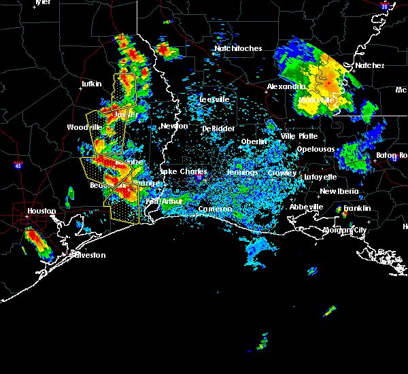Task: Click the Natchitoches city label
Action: pyautogui.click(x=238, y=48)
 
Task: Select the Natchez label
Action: pyautogui.click(x=369, y=65)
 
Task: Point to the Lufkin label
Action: pyautogui.click(x=91, y=84)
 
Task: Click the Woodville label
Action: pyautogui.click(x=84, y=127)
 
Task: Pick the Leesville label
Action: pyautogui.click(x=214, y=99)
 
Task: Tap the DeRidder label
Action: pyautogui.click(x=218, y=129)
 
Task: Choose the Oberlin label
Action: pyautogui.click(x=254, y=141)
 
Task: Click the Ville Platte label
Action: pyautogui.click(x=299, y=136)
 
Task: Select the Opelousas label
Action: pyautogui.click(x=316, y=149)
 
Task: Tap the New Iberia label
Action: pyautogui.click(x=338, y=191)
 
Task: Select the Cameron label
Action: pyautogui.click(x=216, y=209)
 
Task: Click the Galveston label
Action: pyautogui.click(x=88, y=255)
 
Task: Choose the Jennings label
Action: pyautogui.click(x=242, y=173)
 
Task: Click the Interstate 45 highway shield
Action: pyautogui.click(x=18, y=165)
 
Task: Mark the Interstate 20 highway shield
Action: pyautogui.click(x=385, y=6)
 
